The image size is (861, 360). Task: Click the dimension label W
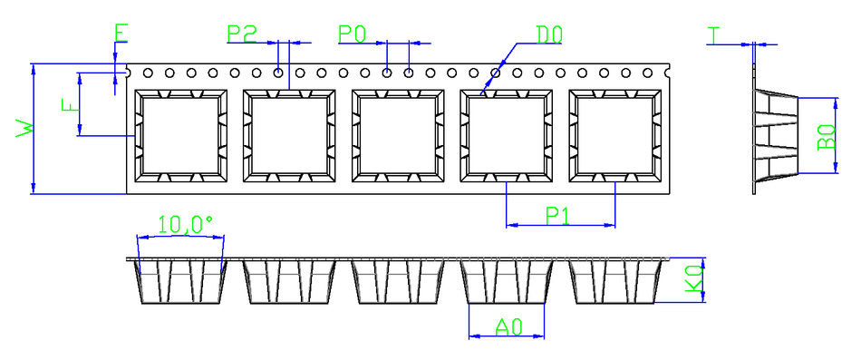point(25,129)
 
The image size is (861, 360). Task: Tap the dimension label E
point(121,34)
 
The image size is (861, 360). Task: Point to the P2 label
point(242,34)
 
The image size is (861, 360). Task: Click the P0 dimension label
point(352,34)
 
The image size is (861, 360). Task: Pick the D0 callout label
point(549,34)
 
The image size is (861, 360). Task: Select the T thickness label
point(713,35)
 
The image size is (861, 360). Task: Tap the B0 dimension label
point(826,136)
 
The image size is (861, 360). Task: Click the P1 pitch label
point(558,216)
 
